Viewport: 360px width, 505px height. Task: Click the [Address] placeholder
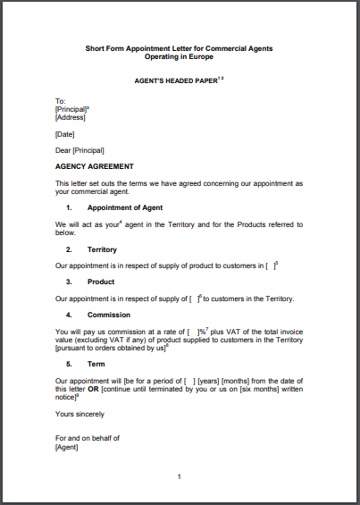click(71, 116)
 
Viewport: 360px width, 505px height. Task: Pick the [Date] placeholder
click(64, 133)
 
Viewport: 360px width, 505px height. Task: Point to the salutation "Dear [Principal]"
click(80, 150)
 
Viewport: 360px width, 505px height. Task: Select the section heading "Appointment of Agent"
click(124, 207)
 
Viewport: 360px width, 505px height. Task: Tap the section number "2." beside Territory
click(69, 249)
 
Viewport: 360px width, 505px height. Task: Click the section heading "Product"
click(100, 282)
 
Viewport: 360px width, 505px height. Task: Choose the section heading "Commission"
click(109, 315)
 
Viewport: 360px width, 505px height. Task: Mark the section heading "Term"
click(96, 365)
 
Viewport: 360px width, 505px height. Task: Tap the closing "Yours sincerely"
click(80, 414)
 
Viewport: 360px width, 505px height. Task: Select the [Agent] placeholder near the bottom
click(66, 447)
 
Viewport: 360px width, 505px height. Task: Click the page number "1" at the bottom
click(179, 477)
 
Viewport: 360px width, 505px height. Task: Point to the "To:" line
click(61, 100)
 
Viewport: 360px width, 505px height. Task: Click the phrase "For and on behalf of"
click(88, 439)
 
